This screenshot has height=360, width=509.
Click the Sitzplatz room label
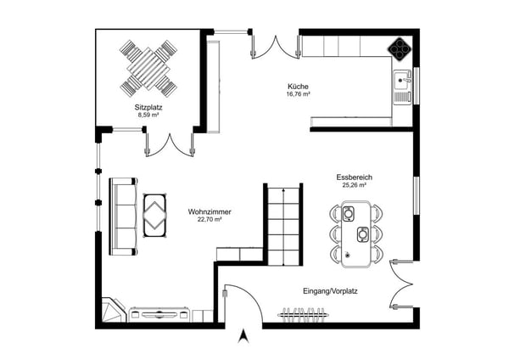coord(148,109)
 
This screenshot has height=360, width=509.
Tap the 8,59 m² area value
coord(148,116)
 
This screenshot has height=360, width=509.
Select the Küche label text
coord(297,87)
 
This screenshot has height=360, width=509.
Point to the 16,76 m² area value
coord(298,94)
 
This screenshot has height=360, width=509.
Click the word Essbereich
coord(354,177)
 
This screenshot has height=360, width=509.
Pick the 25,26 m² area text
coord(354,185)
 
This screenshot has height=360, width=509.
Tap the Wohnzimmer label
coord(210,211)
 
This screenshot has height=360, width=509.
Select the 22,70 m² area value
coord(210,219)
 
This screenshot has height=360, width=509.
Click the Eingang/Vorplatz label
coord(330,291)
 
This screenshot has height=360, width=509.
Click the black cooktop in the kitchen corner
coord(399,48)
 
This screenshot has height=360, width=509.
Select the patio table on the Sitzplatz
coord(148,67)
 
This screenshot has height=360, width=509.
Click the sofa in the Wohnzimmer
coord(124,216)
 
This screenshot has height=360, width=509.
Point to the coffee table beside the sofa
coord(154,214)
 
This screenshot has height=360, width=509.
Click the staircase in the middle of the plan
coord(282,225)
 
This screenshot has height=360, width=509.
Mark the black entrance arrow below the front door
coord(244,337)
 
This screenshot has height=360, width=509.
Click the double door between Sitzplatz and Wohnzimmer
coord(169,143)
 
